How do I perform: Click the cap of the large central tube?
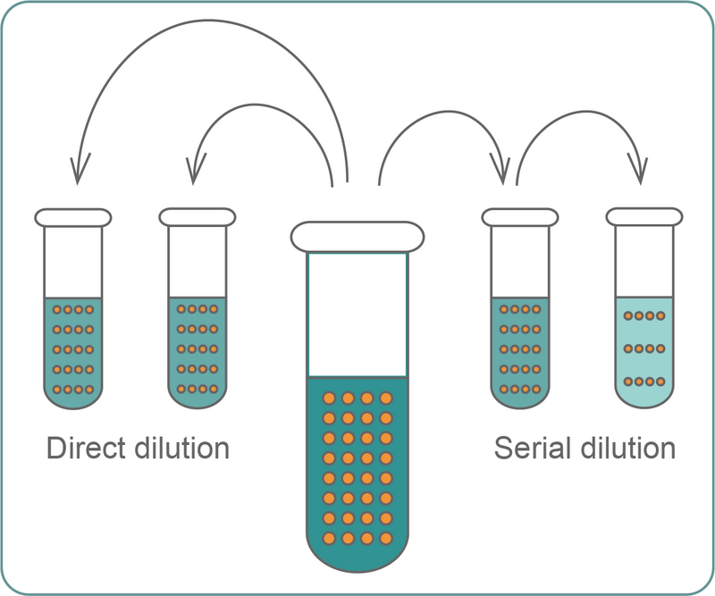pos(356,236)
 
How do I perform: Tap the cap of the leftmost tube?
pos(73,216)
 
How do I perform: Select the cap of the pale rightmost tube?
pos(644,216)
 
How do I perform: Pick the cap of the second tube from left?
pos(198,216)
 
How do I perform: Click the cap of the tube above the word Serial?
pos(519,216)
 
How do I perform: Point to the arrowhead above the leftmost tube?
pos(76,172)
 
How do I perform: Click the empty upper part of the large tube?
pos(357,313)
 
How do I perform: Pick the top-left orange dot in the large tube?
pos(328,399)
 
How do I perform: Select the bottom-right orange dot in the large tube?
pos(386,538)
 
